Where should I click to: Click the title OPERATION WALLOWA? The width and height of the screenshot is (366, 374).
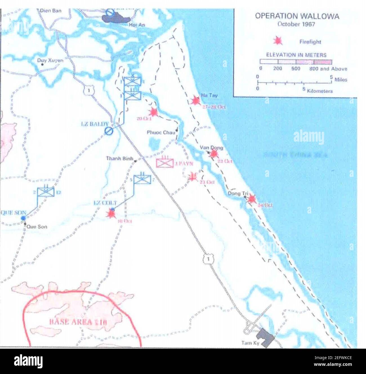click(297, 16)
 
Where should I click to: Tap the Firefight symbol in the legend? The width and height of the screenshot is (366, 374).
click(278, 41)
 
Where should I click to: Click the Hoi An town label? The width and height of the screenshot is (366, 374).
click(137, 25)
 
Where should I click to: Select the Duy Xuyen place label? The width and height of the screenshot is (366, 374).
click(50, 60)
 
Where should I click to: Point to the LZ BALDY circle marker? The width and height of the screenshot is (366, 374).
click(108, 130)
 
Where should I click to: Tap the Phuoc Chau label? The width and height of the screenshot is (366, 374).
click(161, 132)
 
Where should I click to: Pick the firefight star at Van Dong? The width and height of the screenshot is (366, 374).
click(214, 153)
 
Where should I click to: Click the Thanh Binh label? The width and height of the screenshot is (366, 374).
click(120, 159)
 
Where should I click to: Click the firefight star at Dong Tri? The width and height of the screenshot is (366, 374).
click(251, 199)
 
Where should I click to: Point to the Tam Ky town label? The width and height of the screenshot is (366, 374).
click(250, 343)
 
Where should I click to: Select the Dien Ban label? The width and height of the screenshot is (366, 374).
click(51, 11)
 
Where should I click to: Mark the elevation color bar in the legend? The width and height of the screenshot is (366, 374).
click(296, 62)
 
